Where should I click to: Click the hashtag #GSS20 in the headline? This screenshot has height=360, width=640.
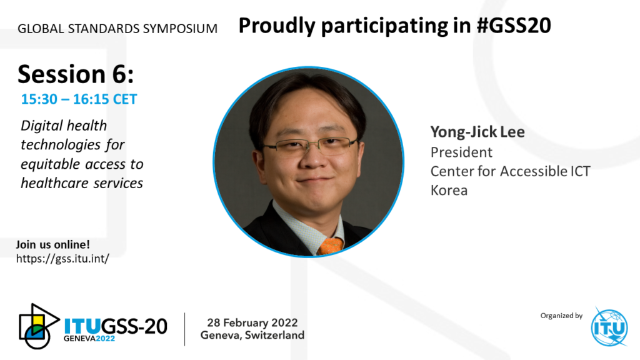pos(514,25)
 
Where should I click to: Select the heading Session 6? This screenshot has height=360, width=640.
pos(76,74)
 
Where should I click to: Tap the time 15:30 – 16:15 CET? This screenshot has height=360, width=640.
pos(79,99)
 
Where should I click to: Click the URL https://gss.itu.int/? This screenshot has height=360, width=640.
pos(62,258)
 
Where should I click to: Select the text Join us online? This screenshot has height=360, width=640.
pos(52,244)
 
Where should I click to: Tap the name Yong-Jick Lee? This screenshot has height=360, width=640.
pos(477,132)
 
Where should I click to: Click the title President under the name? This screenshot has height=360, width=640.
pos(461,152)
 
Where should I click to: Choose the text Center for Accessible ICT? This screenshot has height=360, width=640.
pos(510,171)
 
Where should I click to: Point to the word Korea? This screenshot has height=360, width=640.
pos(449,190)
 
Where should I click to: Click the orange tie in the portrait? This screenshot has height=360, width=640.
pos(330,246)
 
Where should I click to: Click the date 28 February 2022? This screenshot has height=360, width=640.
pos(252,322)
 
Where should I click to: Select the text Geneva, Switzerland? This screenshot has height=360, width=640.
pos(252,335)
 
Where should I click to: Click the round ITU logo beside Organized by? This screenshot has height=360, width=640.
pos(609,327)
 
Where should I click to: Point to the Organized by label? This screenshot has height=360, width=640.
pos(561,316)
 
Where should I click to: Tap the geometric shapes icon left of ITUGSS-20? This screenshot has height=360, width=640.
pos(39,326)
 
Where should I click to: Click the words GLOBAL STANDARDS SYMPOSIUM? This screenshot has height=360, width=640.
pos(117,29)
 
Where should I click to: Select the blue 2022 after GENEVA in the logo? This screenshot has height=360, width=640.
pos(105,338)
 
